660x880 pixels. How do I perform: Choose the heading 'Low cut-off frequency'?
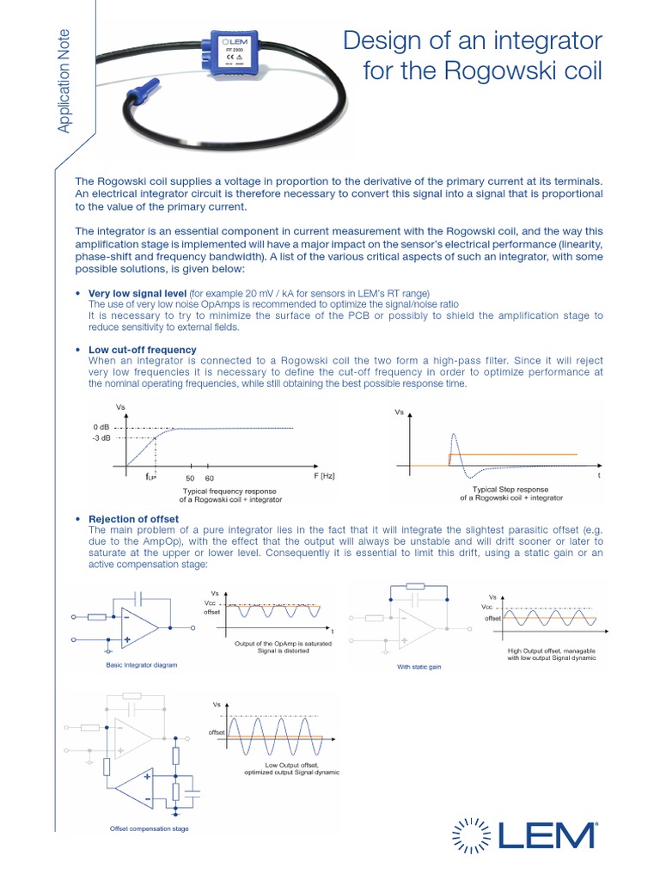pyautogui.click(x=142, y=350)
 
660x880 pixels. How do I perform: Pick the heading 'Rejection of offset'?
pyautogui.click(x=133, y=519)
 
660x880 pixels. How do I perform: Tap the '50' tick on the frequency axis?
pyautogui.click(x=191, y=477)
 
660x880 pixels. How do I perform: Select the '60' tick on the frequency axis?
pyautogui.click(x=209, y=477)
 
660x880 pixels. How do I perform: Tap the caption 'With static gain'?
pyautogui.click(x=419, y=666)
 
